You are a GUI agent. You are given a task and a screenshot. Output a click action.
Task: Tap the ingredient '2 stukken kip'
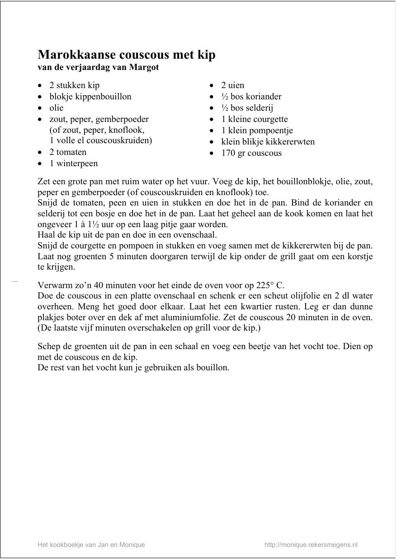74,85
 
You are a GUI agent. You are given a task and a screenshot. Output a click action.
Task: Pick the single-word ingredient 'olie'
56,107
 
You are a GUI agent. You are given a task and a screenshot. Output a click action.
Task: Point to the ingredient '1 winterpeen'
73,163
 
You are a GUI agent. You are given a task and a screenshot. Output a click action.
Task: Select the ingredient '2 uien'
232,85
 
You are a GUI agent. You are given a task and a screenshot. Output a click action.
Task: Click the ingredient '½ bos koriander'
251,96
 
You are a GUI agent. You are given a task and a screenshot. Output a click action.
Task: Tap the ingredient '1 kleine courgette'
254,119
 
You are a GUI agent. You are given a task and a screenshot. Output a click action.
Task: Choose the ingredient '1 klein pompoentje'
257,130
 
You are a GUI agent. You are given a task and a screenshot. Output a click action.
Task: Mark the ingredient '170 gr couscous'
251,153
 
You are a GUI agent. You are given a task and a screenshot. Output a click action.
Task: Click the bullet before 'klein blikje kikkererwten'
212,142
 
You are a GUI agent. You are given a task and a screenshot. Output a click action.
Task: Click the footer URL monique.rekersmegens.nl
311,545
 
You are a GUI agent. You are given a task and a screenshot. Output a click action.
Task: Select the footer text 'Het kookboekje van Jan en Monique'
91,545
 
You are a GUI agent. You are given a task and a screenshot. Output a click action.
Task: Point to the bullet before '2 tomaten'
41,153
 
